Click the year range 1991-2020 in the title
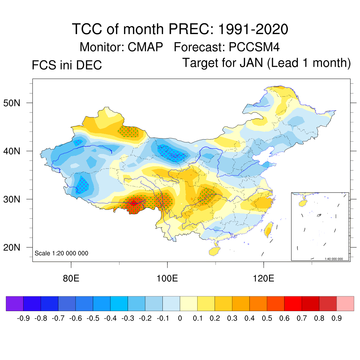(x=253, y=29)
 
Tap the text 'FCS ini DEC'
(x=67, y=65)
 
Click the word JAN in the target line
(x=252, y=63)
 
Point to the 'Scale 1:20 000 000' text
(x=62, y=253)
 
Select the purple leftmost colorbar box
(x=15, y=303)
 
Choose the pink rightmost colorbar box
(x=345, y=303)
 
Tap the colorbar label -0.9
(x=23, y=319)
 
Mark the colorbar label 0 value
(x=180, y=319)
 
